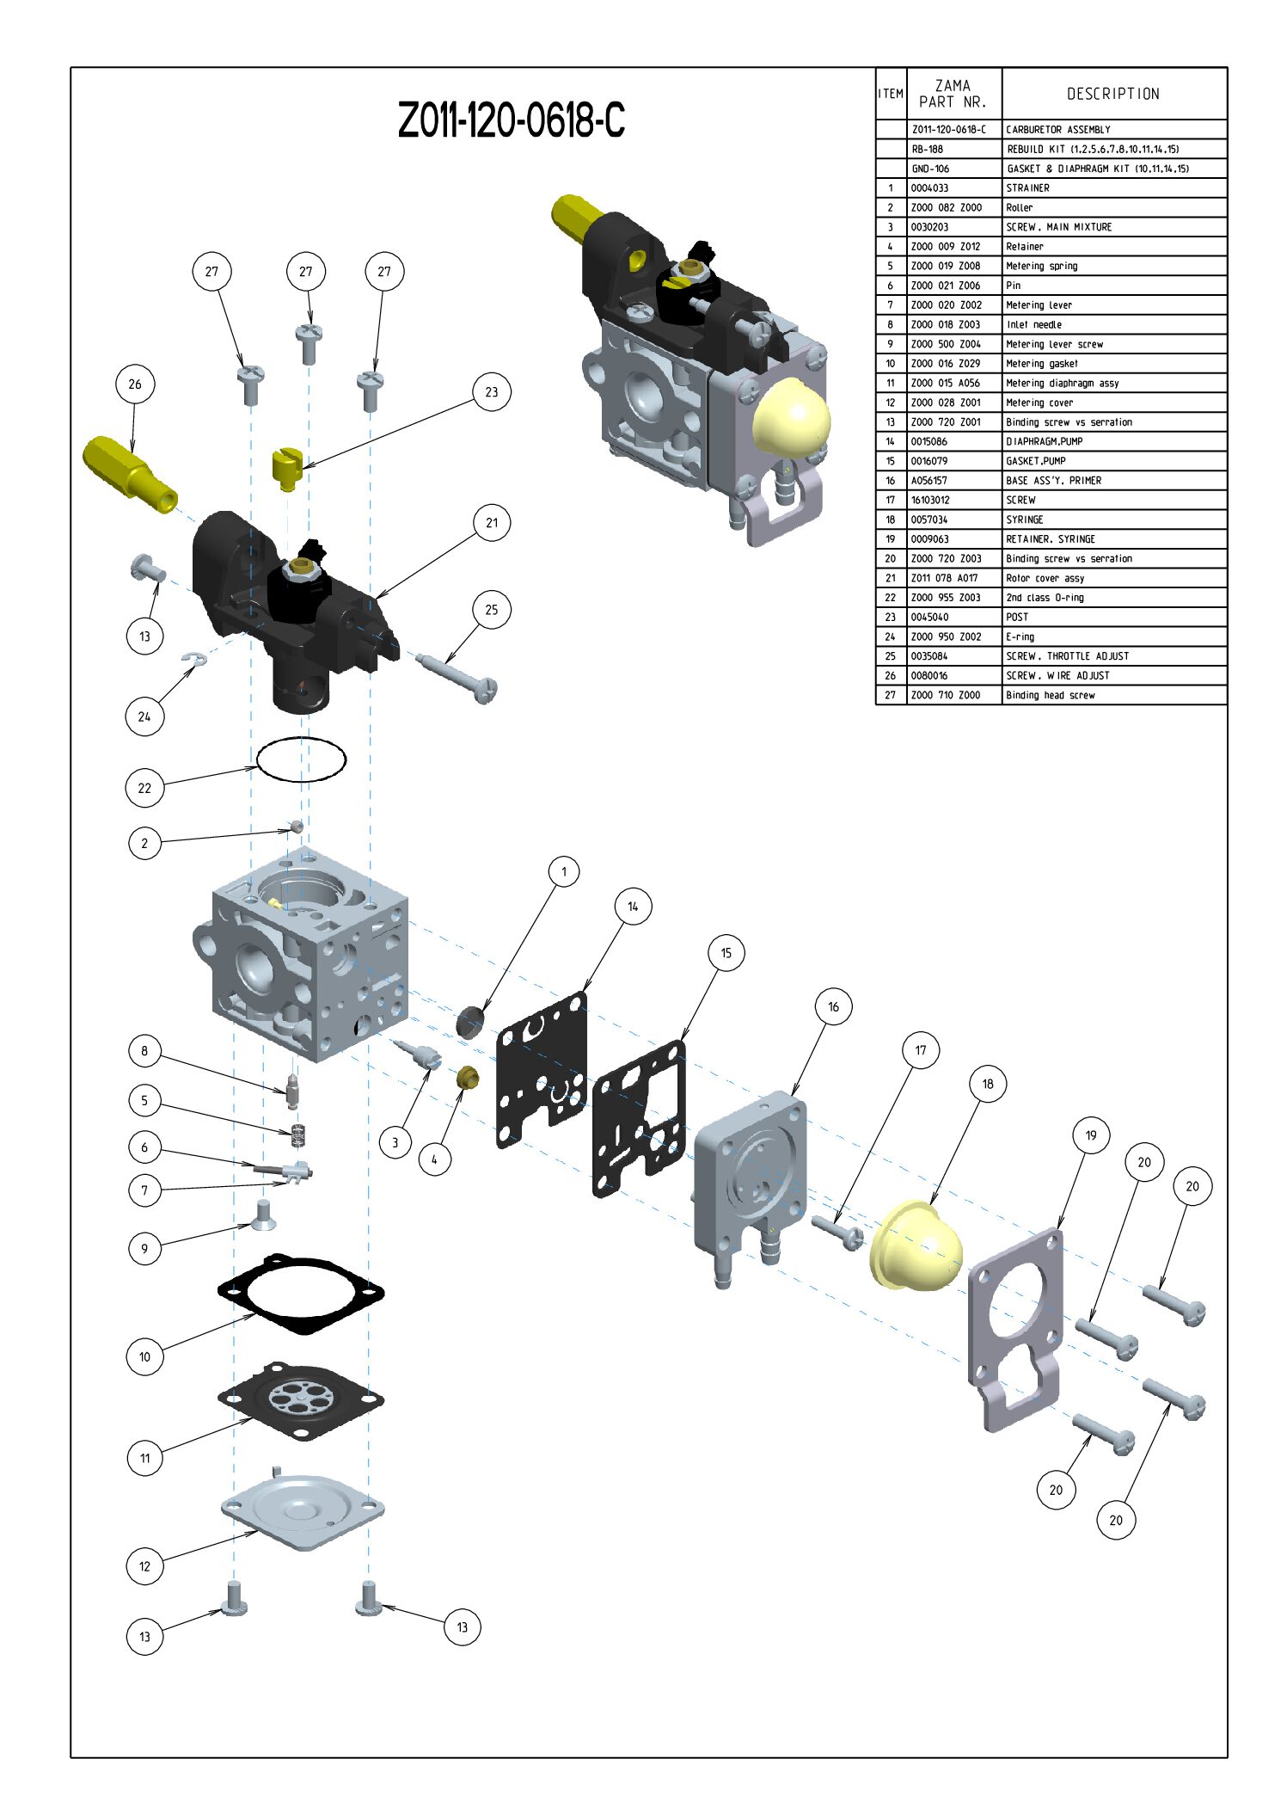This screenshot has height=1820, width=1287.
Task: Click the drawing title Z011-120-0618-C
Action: pos(511,120)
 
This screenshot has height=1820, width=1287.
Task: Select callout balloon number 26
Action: pos(135,384)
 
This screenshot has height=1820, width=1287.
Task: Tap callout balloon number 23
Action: pos(491,392)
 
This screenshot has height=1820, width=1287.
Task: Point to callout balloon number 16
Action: pos(833,1007)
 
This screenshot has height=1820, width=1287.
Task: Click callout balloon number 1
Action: pos(564,872)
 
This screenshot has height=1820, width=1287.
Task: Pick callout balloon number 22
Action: pos(144,788)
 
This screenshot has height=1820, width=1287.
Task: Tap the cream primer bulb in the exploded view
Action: pos(916,1247)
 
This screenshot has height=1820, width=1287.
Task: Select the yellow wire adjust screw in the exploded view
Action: pos(129,472)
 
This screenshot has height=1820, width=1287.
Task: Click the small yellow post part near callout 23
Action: pos(287,467)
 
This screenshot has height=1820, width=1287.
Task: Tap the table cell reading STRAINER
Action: pos(1028,188)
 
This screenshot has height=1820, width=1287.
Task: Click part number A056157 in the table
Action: pos(928,481)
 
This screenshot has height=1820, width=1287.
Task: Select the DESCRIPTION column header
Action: pos(1112,94)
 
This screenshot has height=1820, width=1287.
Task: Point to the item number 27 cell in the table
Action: pos(890,696)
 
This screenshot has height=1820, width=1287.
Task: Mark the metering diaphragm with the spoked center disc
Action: pos(301,1400)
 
